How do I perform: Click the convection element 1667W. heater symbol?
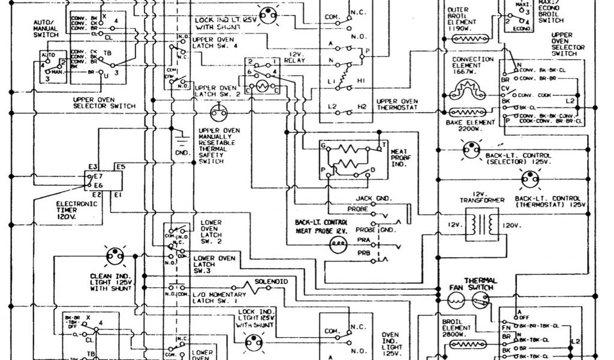(x=468, y=89)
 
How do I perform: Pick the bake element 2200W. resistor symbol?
(x=468, y=112)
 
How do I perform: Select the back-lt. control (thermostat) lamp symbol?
(x=529, y=178)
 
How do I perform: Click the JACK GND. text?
(x=373, y=198)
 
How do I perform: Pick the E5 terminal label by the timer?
(x=120, y=166)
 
